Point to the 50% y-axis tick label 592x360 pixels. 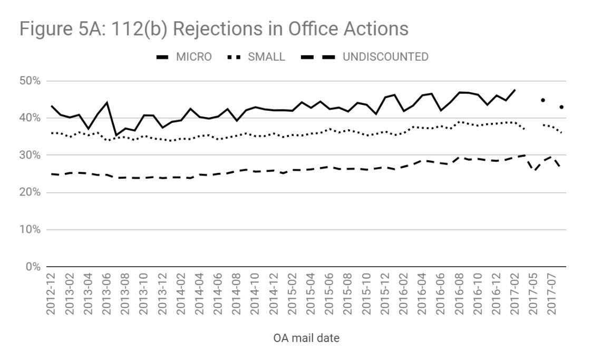point(30,81)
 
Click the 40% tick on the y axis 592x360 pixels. point(30,118)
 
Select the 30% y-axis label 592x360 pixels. point(30,155)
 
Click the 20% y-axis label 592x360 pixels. point(30,193)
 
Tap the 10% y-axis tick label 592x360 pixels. point(30,230)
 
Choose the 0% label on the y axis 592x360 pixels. point(33,267)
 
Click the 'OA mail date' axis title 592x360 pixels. point(306,338)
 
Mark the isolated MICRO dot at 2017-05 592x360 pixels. point(542,100)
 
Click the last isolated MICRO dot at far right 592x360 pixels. point(561,107)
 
